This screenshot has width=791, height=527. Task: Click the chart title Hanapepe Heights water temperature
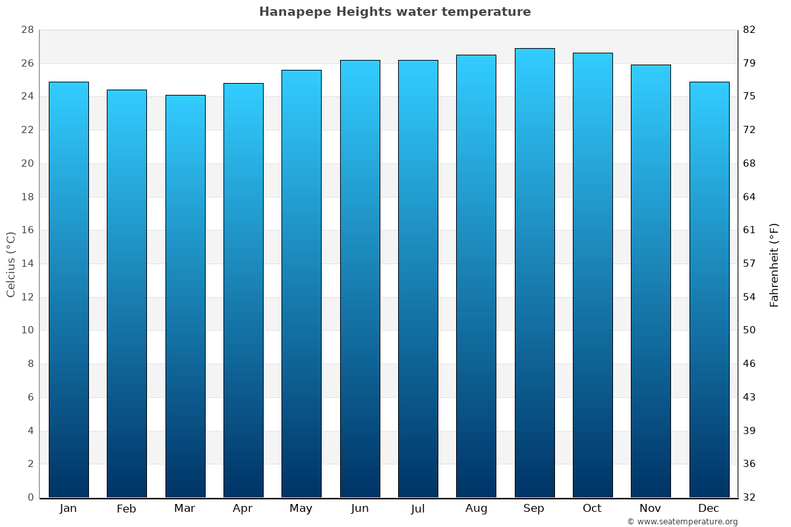[x=395, y=12]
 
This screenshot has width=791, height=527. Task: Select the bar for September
[x=535, y=273]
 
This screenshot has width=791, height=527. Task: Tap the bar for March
[x=185, y=296]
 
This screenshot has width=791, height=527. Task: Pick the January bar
[x=69, y=290]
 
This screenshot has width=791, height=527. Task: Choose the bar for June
[x=360, y=279]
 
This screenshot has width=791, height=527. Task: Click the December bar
[x=709, y=290]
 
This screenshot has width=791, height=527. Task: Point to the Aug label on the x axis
[x=476, y=509]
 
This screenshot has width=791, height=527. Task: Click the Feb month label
[x=126, y=509]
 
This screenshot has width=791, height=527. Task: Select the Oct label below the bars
[x=592, y=509]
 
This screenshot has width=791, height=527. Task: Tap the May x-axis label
[x=301, y=509]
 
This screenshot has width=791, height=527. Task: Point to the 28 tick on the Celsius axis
[x=27, y=30]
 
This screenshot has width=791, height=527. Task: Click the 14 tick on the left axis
[x=27, y=263]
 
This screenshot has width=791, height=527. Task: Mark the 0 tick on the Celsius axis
[x=30, y=497]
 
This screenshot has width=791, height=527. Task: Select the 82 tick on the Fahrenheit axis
[x=750, y=30]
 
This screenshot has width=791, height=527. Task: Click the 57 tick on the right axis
[x=750, y=263]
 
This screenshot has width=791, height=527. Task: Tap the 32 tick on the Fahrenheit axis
[x=750, y=497]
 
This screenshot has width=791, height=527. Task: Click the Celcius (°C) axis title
[x=11, y=264]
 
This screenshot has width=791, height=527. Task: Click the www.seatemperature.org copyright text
[x=682, y=522]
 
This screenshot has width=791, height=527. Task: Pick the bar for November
[x=651, y=281]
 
